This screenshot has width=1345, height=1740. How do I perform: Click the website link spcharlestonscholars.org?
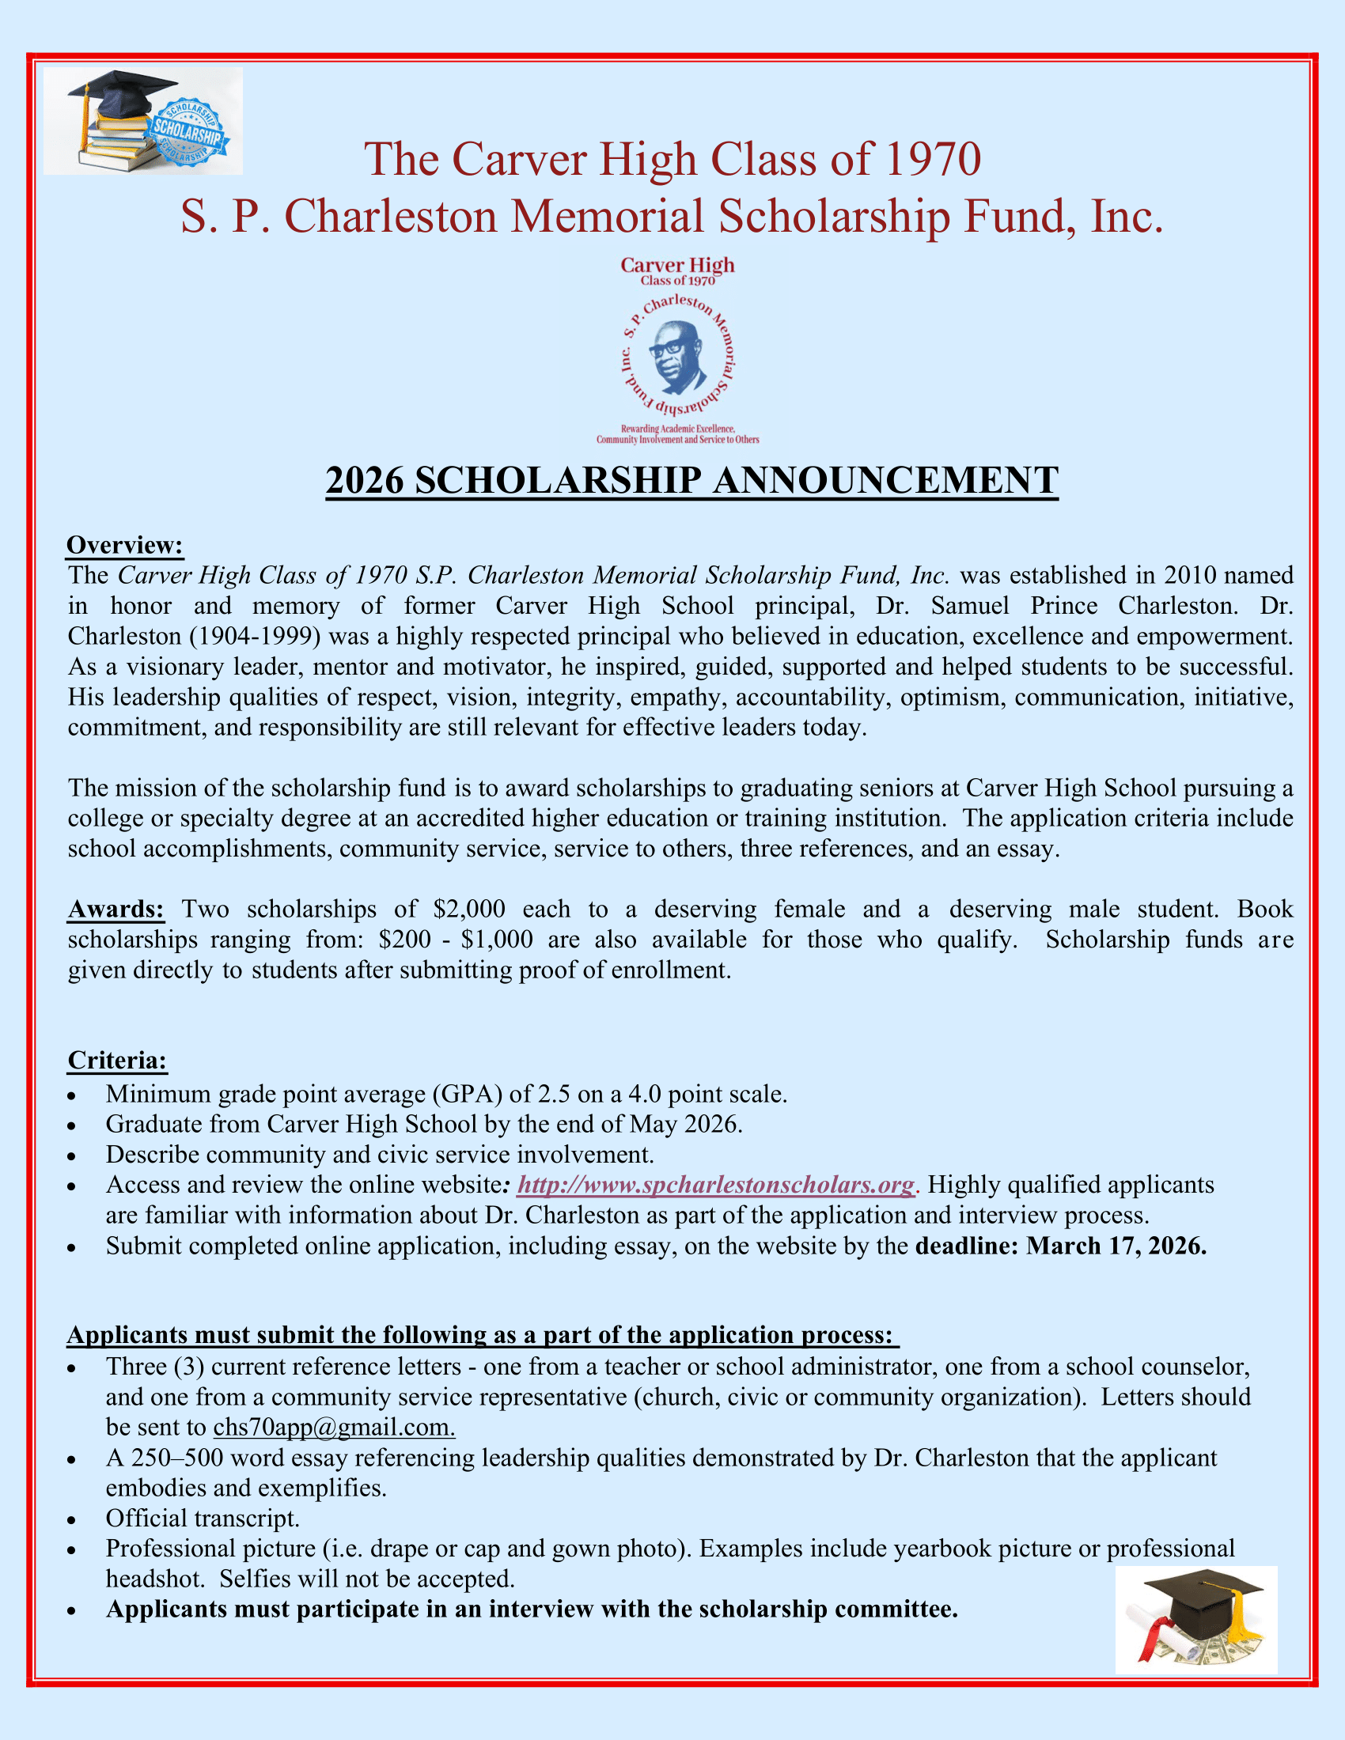point(715,1185)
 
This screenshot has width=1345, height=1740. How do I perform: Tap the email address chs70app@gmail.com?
point(334,1427)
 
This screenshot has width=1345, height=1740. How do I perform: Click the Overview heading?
point(125,545)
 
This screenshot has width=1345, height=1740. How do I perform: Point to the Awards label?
point(116,909)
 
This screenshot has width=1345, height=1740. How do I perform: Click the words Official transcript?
point(203,1518)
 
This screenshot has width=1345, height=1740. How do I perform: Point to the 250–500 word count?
point(168,1457)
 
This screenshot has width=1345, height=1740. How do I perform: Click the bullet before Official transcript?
point(72,1520)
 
